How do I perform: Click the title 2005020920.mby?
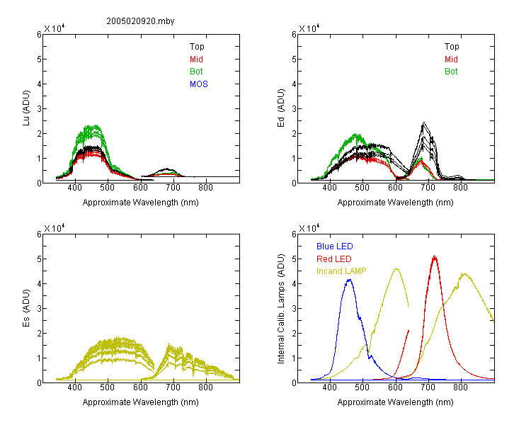140,21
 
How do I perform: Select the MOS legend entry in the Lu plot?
199,84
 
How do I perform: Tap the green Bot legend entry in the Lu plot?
196,72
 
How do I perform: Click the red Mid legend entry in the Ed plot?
451,59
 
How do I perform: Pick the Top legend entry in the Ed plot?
452,47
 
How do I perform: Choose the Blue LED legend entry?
335,246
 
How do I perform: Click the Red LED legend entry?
334,259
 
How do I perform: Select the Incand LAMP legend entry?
341,271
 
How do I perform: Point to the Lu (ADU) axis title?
26,108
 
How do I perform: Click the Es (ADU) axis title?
26,307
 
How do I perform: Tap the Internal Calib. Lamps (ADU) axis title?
281,308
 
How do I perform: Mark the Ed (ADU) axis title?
281,108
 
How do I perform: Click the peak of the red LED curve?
435,256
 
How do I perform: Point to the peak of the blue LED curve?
349,280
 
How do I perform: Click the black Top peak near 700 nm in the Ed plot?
424,123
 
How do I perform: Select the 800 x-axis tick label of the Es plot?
205,387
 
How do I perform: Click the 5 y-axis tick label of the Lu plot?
39,59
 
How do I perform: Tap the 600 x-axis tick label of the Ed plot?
395,188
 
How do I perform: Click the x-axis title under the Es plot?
141,402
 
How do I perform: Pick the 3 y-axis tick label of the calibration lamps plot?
294,308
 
